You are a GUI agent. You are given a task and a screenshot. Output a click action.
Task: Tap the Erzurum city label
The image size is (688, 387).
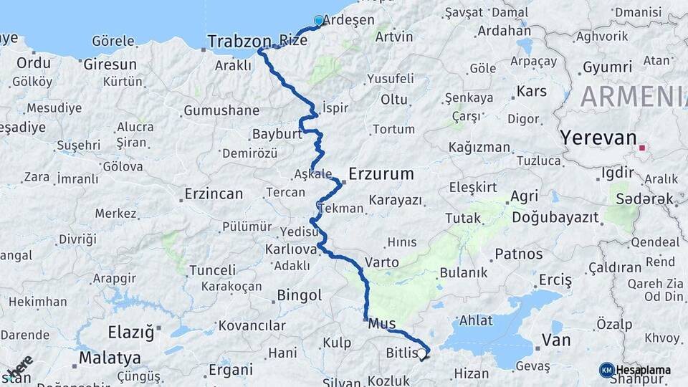pos(381,173)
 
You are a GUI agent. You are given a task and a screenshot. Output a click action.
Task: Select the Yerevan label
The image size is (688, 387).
pos(598,137)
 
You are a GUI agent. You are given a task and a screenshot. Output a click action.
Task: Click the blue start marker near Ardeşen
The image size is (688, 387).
pos(319,21)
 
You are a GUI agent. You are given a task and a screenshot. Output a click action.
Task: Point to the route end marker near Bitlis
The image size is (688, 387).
pos(423,355)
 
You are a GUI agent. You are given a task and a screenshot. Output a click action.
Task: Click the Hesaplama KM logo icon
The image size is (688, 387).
pos(607,370)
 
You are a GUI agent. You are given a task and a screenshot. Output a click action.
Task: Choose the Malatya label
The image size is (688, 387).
pos(110,357)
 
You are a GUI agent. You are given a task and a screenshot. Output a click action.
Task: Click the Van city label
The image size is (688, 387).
pos(556,340)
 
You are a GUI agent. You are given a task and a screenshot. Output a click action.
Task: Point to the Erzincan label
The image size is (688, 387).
pos(214,193)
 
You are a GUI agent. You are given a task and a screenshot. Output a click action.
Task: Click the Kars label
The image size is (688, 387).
pos(531,92)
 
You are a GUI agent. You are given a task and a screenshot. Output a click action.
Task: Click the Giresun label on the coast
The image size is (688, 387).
pos(110,64)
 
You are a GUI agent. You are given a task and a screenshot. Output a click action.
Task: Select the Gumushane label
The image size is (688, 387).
pos(221,111)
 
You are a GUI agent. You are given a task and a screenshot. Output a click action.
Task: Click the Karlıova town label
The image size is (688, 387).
pos(291,249)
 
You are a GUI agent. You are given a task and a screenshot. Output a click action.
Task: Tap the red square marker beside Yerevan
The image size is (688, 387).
pos(643,149)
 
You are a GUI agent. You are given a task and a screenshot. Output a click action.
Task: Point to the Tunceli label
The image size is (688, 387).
pos(212,270)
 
